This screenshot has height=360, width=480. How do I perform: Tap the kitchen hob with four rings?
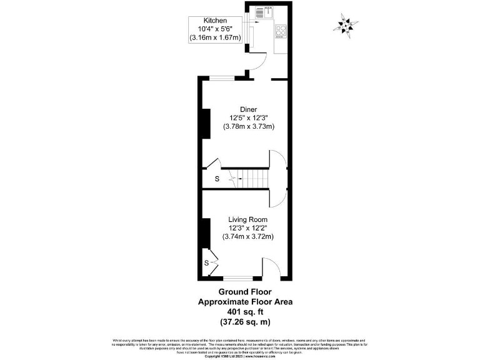click(281, 31)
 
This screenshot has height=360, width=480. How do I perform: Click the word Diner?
click(248, 109)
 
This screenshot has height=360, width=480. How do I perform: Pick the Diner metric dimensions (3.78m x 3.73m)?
click(249, 126)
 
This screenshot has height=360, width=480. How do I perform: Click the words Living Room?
click(248, 219)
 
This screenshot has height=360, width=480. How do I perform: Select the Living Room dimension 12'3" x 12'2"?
click(248, 228)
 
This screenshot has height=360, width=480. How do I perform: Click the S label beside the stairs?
click(217, 179)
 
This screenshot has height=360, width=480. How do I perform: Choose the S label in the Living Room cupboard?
click(207, 262)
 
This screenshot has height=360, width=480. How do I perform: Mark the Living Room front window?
click(238, 277)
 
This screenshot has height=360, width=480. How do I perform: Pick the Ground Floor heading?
click(244, 291)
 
